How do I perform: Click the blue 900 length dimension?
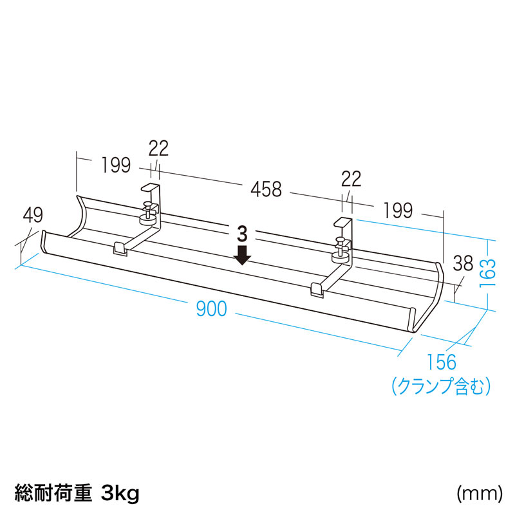coord(212,308)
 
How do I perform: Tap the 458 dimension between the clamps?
coord(266,189)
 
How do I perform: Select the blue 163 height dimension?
coord(487,273)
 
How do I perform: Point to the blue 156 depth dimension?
coord(442,362)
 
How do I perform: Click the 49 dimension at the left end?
coord(33,215)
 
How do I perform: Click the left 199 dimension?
coord(116,165)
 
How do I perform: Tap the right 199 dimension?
coord(398,211)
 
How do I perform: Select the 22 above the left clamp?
coord(158,148)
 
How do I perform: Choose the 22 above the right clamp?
coord(351,179)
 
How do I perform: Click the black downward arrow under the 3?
coord(243,254)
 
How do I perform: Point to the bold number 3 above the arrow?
coord(242,234)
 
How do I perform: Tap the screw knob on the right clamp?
coord(341,250)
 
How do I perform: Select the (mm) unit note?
coord(480,493)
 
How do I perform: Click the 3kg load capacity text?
coord(120,493)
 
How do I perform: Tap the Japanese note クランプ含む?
coord(441,386)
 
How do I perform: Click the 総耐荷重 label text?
coord(53,493)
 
